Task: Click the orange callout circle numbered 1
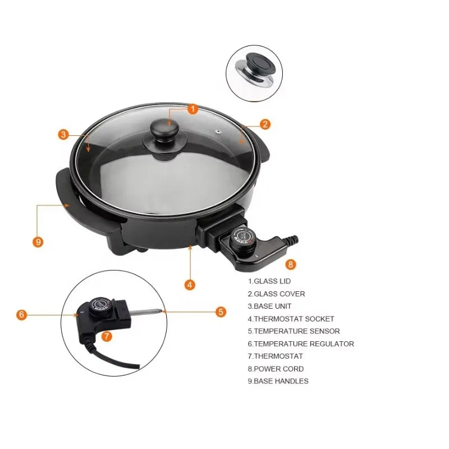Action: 193,109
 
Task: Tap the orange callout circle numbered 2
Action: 265,124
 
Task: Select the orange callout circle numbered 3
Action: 63,134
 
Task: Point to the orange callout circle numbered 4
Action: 190,285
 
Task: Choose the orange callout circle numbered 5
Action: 221,311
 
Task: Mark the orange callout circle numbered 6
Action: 22,314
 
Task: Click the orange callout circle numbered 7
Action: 107,336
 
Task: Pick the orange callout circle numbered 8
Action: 291,264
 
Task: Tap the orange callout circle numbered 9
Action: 38,242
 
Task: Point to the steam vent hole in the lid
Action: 218,132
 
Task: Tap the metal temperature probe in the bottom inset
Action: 146,311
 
